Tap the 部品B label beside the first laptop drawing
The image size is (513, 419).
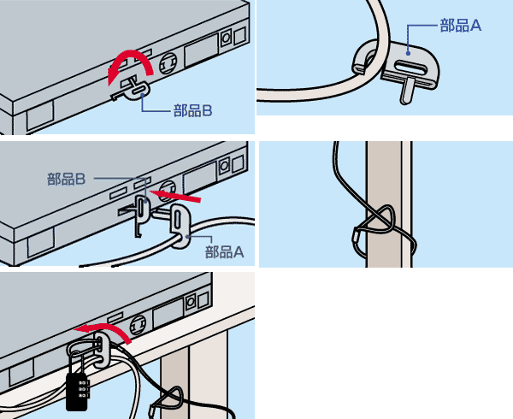(192, 111)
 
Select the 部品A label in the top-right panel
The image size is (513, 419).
(461, 25)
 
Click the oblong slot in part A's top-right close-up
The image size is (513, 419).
(410, 67)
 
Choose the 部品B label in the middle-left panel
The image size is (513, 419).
(67, 180)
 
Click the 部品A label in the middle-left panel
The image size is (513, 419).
(224, 252)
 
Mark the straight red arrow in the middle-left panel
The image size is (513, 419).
(174, 195)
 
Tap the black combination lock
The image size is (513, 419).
(77, 392)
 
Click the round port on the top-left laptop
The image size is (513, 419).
(168, 63)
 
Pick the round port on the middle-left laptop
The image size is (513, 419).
(168, 189)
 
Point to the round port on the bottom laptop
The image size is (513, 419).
(139, 325)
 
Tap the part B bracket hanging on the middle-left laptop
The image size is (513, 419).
(142, 215)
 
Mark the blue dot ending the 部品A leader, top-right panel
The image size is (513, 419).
(408, 53)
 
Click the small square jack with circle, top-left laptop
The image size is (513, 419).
(226, 38)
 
